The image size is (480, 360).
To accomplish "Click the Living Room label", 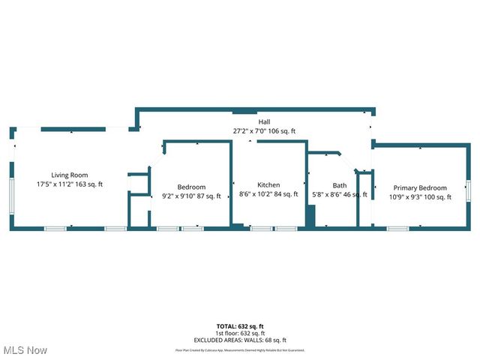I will point(70,175).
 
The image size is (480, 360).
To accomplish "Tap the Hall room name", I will point(264,121).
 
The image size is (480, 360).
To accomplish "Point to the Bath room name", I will point(340,185).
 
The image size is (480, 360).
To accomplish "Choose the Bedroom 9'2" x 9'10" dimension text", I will point(192,196).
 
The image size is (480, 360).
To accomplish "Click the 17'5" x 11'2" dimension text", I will point(70,184).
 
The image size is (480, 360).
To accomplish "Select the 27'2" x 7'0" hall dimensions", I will point(264,130).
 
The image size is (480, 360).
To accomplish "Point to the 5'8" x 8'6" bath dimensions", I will point(340,195).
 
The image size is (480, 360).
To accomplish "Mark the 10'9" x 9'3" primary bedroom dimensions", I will point(420,197).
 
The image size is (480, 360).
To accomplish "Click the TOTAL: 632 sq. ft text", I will point(240,326).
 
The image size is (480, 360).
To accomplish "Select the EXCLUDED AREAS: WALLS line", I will point(240,339).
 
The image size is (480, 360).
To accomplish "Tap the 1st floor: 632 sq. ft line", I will point(240,333).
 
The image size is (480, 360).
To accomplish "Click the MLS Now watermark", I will point(24,350).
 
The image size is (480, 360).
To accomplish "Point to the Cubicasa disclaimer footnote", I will point(240,349).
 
